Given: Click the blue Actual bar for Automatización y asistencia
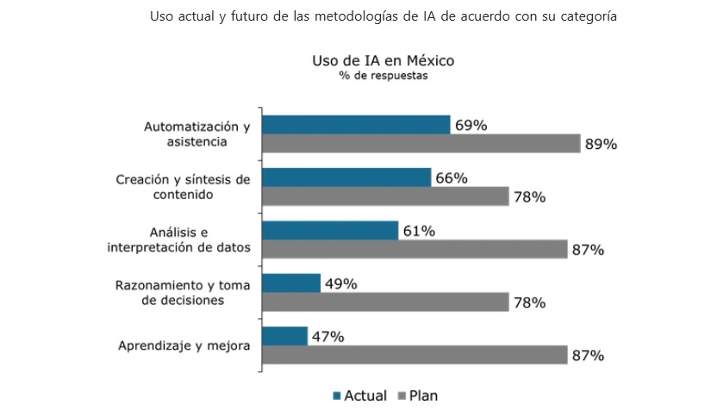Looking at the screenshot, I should click(x=355, y=125).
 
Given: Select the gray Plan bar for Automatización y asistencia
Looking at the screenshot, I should click(x=421, y=144).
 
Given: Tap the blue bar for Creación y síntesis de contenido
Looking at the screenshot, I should click(x=346, y=177).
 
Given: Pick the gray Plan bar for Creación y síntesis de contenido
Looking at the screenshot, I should click(x=385, y=196).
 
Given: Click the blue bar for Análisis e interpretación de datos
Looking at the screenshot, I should click(x=329, y=230).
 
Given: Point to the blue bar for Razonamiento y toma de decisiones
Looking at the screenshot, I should click(x=290, y=283).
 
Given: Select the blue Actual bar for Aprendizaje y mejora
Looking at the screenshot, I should click(x=284, y=336).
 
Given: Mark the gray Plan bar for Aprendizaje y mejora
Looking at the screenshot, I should click(x=414, y=355).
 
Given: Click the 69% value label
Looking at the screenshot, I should click(x=471, y=126).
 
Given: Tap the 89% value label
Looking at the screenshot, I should click(x=601, y=145).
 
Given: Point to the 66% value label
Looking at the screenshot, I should click(x=452, y=178).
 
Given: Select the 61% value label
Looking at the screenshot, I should click(x=419, y=231).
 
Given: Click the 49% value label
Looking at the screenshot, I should click(x=340, y=283).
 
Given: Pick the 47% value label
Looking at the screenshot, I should click(x=327, y=337).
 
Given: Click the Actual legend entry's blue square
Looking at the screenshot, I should click(x=336, y=396).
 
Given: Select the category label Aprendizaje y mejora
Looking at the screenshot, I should click(x=184, y=346).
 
